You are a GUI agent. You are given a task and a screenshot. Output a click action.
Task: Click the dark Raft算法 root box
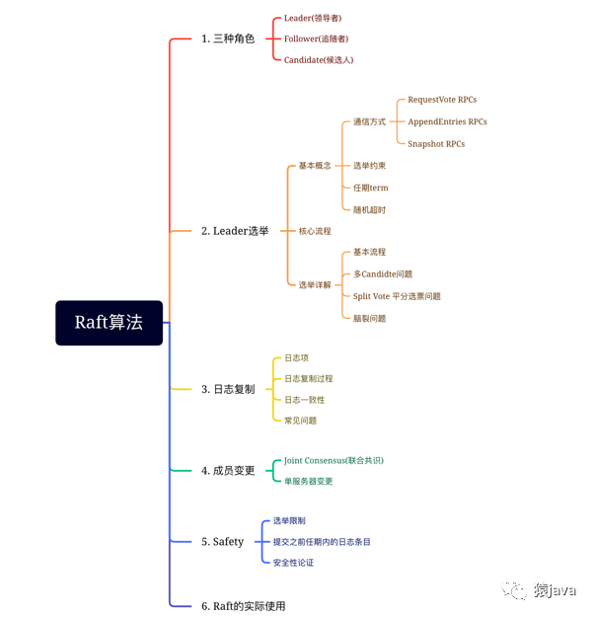pyautogui.click(x=109, y=323)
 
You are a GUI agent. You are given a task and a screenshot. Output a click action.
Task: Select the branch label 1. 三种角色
pyautogui.click(x=227, y=39)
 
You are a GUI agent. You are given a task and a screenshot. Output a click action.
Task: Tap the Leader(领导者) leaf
pyautogui.click(x=314, y=18)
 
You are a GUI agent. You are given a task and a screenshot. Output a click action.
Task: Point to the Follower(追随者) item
pyautogui.click(x=316, y=39)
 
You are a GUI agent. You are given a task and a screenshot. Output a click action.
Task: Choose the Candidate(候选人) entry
pyautogui.click(x=319, y=60)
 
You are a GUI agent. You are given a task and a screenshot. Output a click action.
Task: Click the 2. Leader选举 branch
pyautogui.click(x=235, y=231)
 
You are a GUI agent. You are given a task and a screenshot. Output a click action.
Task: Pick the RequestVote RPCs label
pyautogui.click(x=442, y=100)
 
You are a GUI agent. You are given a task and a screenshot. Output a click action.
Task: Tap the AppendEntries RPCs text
pyautogui.click(x=447, y=121)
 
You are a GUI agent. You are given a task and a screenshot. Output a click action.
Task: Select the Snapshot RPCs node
pyautogui.click(x=436, y=144)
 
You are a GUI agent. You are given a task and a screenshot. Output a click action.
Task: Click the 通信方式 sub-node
pyautogui.click(x=369, y=122)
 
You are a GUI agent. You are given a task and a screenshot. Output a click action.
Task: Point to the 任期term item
pyautogui.click(x=370, y=188)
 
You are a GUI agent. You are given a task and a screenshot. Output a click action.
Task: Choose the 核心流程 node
pyautogui.click(x=315, y=231)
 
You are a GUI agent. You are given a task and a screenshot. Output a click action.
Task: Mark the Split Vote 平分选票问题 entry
pyautogui.click(x=397, y=296)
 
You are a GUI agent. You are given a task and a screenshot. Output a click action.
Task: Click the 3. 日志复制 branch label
pyautogui.click(x=228, y=389)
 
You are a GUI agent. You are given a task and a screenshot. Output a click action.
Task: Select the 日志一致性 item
pyautogui.click(x=304, y=400)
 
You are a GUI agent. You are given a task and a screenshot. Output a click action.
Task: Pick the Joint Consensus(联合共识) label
pyautogui.click(x=334, y=460)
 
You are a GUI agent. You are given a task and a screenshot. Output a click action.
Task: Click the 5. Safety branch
pyautogui.click(x=222, y=541)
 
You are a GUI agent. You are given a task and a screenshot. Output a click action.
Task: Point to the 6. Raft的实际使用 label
pyautogui.click(x=243, y=605)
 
